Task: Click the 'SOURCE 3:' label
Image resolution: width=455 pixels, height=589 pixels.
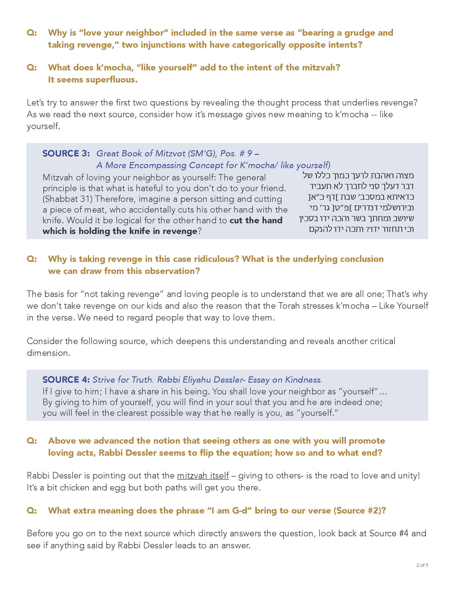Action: pyautogui.click(x=66, y=153)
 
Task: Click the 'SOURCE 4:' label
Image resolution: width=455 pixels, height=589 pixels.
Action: pyautogui.click(x=66, y=379)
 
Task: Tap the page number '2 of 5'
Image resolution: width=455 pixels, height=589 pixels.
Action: pyautogui.click(x=422, y=565)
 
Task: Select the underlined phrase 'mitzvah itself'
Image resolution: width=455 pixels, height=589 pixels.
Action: pyautogui.click(x=203, y=475)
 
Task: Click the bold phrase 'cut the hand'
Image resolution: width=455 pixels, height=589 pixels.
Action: pyautogui.click(x=256, y=220)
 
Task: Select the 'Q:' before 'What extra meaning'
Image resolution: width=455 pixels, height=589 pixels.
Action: pyautogui.click(x=32, y=510)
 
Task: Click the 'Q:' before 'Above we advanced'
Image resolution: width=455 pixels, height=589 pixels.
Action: pyautogui.click(x=32, y=440)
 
